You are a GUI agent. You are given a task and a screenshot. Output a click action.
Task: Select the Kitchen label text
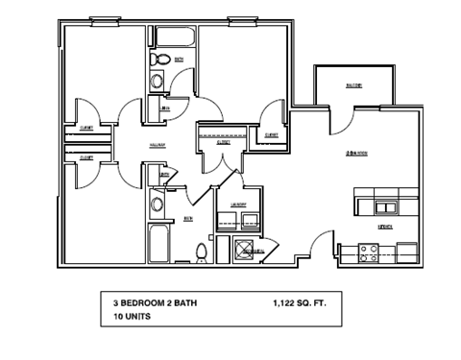[384, 228]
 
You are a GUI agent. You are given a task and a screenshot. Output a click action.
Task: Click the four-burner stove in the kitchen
[368, 253]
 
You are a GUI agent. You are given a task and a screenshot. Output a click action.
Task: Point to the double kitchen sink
[386, 207]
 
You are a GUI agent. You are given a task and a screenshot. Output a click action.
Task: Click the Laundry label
[239, 205]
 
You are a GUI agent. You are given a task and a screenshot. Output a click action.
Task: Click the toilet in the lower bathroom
[201, 252]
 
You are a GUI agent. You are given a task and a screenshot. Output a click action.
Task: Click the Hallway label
[158, 146]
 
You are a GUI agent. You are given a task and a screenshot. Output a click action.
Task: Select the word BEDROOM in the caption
[143, 302]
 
